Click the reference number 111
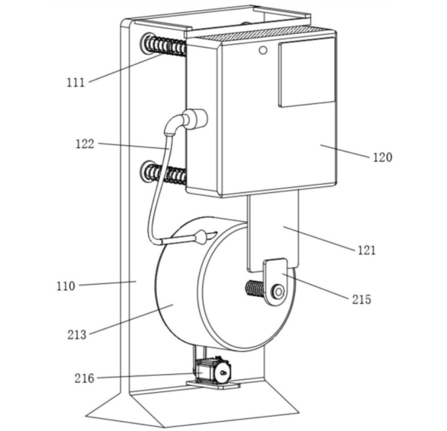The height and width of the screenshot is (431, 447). click(76, 82)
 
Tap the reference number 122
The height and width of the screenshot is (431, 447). click(84, 144)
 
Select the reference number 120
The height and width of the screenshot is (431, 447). click(383, 157)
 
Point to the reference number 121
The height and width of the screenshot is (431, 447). click(367, 250)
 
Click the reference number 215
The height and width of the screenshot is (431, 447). click(362, 300)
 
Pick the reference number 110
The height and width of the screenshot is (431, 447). click(66, 286)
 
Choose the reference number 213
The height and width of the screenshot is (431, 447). click(76, 334)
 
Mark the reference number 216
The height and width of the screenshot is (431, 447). click(84, 379)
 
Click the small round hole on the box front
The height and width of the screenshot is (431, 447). click(263, 50)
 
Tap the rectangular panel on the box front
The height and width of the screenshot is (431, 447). click(306, 72)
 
